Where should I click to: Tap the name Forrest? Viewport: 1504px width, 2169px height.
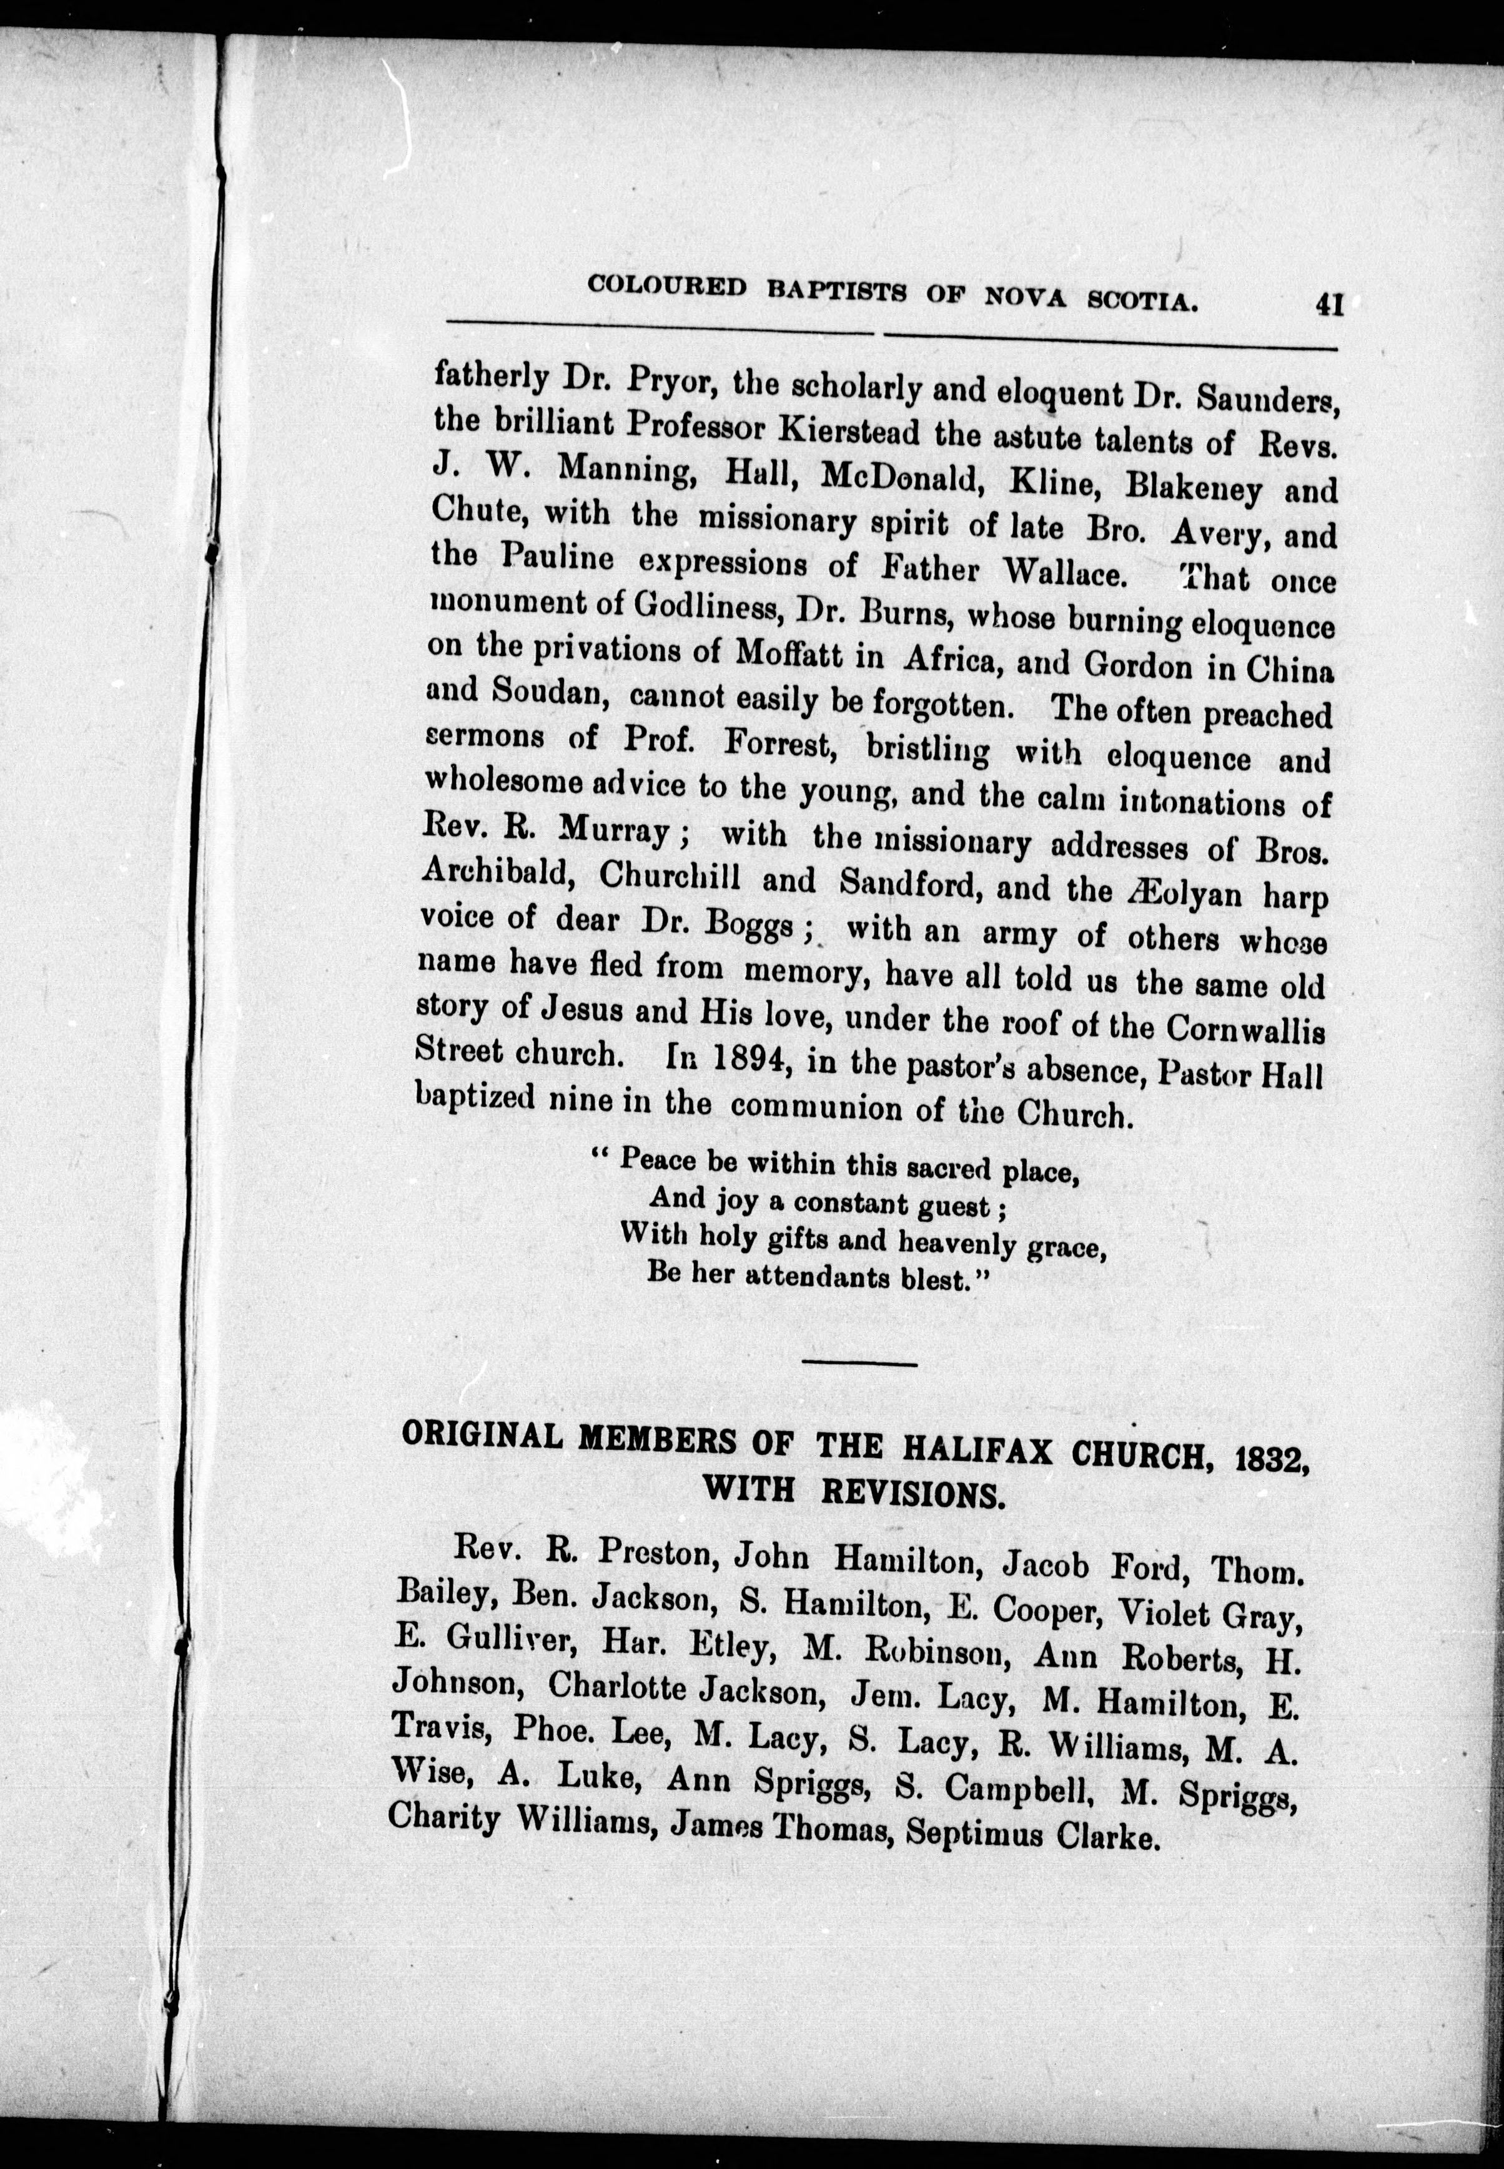click(784, 750)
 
